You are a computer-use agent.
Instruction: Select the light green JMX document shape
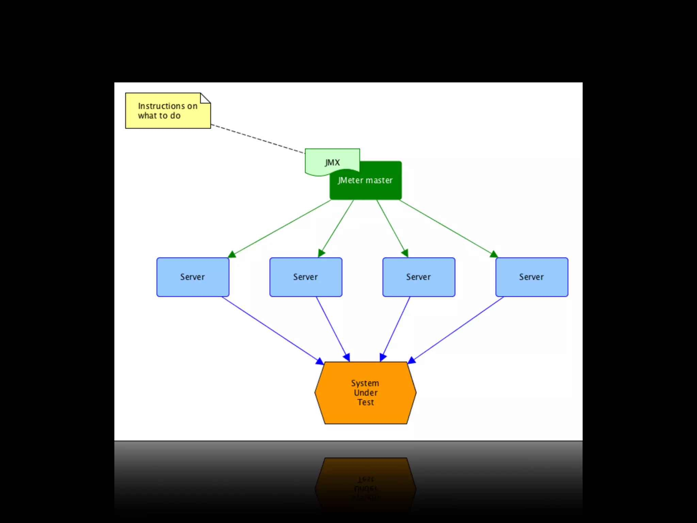332,162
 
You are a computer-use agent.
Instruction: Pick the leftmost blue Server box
193,277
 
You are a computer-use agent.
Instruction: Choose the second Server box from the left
306,277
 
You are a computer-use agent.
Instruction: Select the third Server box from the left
419,277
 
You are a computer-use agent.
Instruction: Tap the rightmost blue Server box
532,277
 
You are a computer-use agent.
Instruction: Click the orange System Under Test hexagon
366,393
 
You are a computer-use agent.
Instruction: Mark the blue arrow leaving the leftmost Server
272,330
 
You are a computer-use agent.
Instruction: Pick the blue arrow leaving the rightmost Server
456,330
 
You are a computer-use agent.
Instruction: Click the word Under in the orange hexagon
366,393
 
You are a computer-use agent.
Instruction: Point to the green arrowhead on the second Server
321,253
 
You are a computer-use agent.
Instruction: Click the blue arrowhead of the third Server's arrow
383,357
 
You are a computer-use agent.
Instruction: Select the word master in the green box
379,180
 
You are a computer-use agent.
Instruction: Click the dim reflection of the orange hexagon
366,484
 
